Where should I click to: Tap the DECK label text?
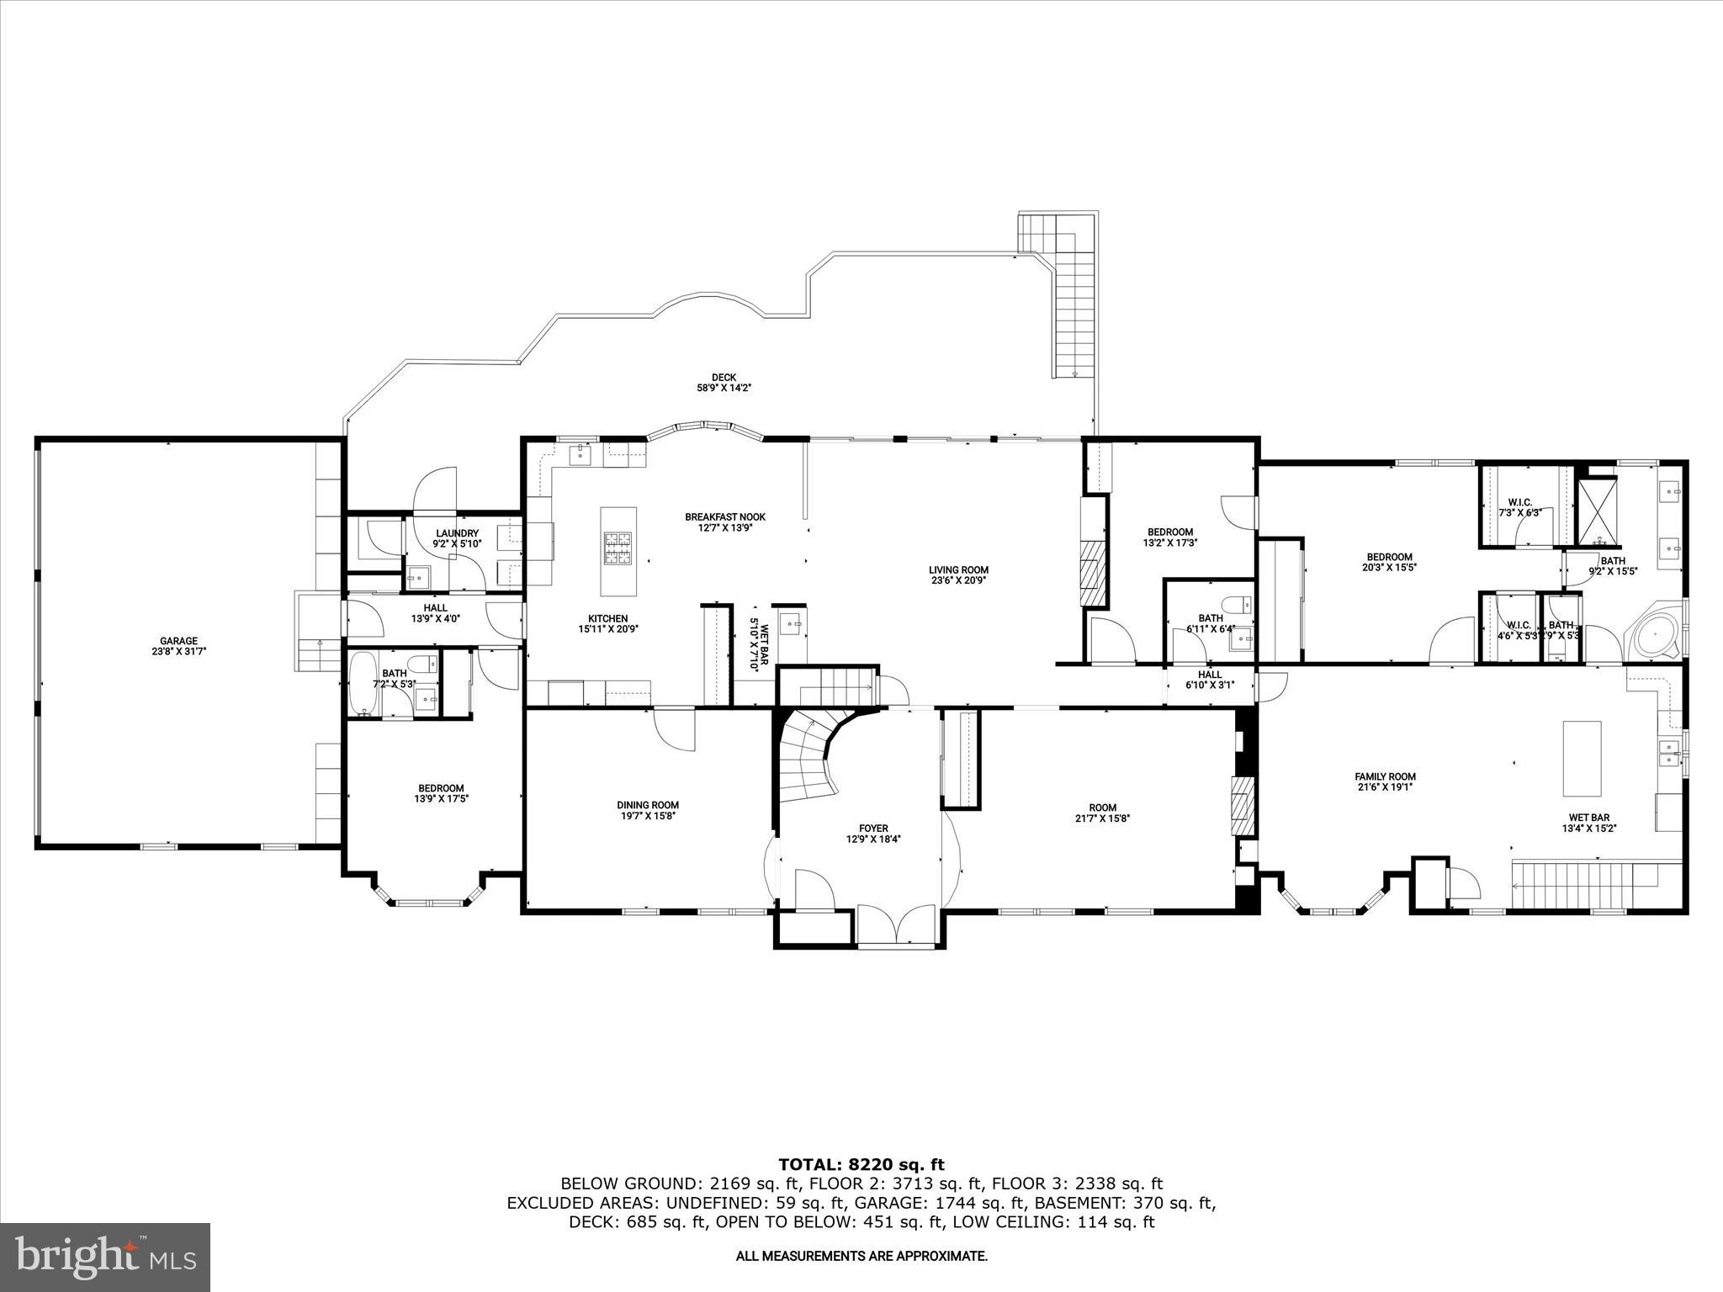point(723,378)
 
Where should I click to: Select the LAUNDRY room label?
point(457,533)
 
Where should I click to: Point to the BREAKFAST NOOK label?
point(724,517)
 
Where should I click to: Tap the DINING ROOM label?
point(647,805)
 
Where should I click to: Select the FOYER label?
point(873,829)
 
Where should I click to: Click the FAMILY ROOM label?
point(1384,776)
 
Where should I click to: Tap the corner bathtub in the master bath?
point(1653,633)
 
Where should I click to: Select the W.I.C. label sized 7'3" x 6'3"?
point(1519,502)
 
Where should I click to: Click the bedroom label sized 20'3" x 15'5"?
point(1389,557)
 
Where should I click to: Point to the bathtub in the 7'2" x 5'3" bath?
point(363,683)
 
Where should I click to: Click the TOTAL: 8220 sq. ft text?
point(861,1164)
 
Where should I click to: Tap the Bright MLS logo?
point(105,1257)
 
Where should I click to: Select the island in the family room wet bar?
point(1582,758)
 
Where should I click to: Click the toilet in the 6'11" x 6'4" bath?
point(1239,606)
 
